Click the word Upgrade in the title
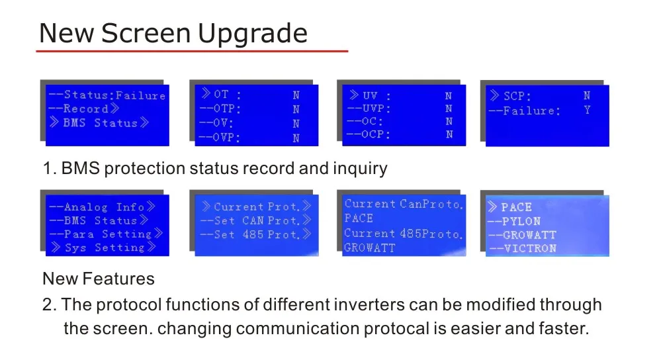(253, 34)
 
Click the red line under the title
(193, 51)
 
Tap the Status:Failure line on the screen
(107, 95)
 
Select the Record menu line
(84, 109)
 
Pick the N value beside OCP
(449, 134)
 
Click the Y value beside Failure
(588, 111)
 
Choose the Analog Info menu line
(103, 206)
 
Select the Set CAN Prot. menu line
(255, 220)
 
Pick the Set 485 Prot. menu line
(255, 234)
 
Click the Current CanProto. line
(404, 204)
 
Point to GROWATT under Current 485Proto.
(370, 248)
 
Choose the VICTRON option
(523, 248)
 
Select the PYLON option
(514, 221)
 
